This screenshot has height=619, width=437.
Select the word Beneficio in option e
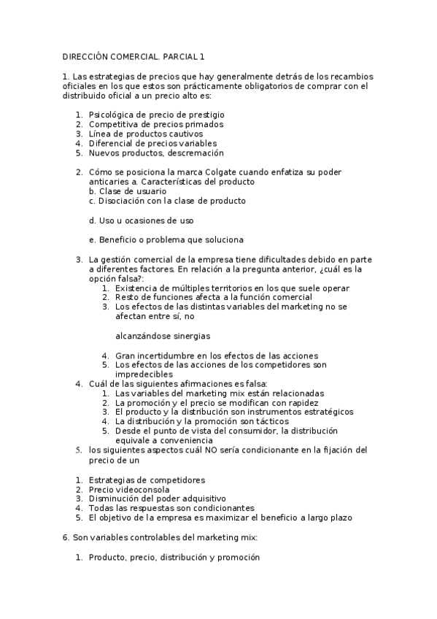click(120, 239)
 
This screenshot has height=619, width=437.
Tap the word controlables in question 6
click(144, 537)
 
